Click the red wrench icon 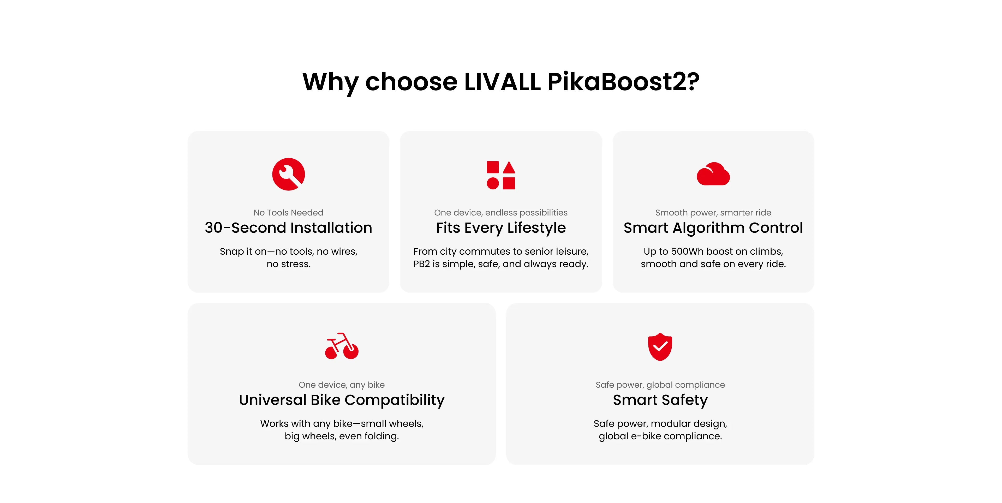288,174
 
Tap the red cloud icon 713,174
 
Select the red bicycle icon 342,346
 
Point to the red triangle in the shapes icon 509,168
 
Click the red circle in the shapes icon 493,183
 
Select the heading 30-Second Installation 288,227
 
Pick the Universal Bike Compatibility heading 342,400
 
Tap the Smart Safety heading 660,400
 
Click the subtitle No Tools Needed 288,212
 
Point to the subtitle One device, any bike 342,385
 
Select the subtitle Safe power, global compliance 660,385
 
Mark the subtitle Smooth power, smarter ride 713,212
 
